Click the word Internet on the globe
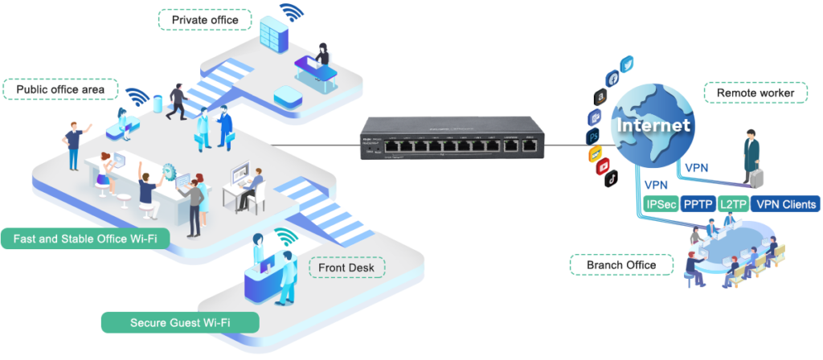pos(652,126)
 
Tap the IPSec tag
pos(662,204)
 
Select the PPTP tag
pos(698,204)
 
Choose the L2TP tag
pos(732,204)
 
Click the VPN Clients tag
pos(786,204)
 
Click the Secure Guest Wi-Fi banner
pos(180,322)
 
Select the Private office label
pos(204,19)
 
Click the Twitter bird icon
pos(627,65)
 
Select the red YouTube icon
pos(601,167)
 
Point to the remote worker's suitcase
pos(755,176)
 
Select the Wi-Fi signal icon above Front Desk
pos(286,237)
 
